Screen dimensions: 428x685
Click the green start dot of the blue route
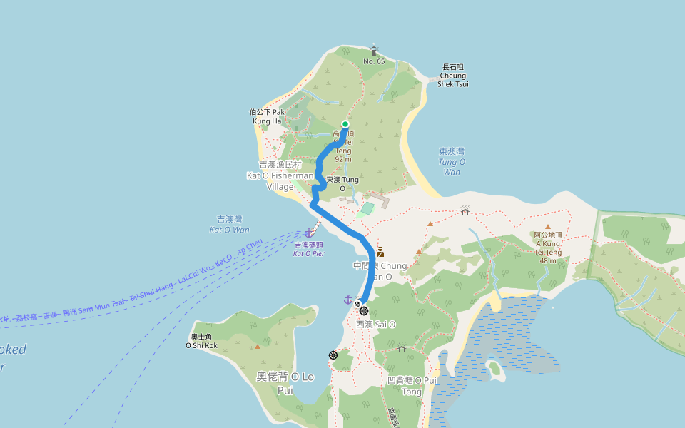click(345, 125)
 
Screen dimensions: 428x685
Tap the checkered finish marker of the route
click(358, 304)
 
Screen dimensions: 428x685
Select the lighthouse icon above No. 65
click(374, 50)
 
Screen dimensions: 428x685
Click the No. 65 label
click(374, 61)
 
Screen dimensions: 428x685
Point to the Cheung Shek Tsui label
click(453, 76)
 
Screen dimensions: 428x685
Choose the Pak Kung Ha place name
click(271, 116)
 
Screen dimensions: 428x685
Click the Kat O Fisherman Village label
click(280, 175)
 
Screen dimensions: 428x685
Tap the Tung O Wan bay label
click(452, 161)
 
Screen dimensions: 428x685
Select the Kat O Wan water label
click(230, 225)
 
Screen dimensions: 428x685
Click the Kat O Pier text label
click(309, 249)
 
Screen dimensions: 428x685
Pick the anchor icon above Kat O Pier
click(308, 233)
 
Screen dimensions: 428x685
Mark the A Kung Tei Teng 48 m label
click(548, 248)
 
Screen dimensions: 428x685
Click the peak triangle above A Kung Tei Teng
click(548, 227)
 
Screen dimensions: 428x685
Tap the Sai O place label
click(376, 324)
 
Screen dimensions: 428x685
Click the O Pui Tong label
click(412, 386)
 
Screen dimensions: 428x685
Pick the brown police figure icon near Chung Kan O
click(380, 251)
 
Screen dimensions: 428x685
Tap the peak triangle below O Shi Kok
click(258, 347)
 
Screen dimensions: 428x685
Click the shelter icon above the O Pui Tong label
click(402, 349)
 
